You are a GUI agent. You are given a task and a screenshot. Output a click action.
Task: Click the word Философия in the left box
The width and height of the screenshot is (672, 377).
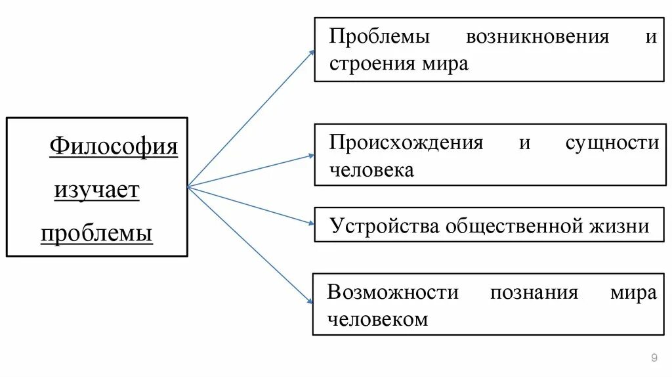click(114, 145)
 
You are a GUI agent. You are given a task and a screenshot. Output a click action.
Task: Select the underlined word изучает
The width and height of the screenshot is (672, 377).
click(96, 190)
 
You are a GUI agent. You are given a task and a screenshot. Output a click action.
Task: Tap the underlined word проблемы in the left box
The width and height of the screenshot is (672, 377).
click(96, 233)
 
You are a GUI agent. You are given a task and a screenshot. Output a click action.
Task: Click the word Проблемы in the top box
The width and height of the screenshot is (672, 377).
click(379, 36)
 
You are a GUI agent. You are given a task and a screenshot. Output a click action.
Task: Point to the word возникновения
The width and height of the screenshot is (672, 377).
click(537, 36)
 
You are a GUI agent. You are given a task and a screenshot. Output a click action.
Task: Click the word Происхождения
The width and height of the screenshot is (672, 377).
click(406, 143)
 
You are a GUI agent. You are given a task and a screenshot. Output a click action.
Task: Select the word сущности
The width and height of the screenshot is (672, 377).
click(612, 143)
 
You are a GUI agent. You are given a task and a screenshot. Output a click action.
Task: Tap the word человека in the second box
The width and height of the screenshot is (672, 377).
click(371, 170)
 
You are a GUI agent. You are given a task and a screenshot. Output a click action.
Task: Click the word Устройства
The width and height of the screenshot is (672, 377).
click(385, 226)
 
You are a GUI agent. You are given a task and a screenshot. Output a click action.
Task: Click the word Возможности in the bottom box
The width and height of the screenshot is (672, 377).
click(392, 292)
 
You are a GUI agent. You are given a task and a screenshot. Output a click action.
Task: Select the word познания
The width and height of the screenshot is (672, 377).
click(534, 292)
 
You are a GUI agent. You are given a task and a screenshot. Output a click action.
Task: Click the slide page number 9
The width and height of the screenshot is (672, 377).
click(654, 357)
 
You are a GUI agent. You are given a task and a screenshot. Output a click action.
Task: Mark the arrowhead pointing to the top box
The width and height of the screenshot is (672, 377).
click(312, 53)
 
